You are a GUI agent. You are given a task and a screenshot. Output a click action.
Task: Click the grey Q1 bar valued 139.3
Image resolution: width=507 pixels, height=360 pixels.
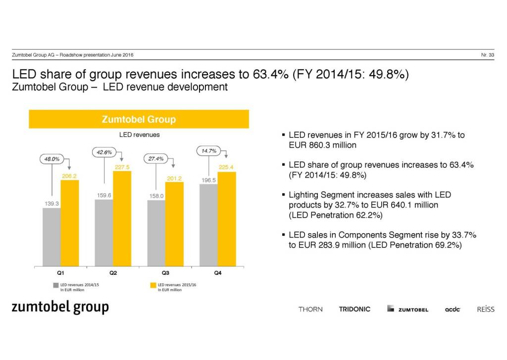51,237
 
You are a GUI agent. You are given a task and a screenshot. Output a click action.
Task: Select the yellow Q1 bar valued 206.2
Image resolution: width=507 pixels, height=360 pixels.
69,223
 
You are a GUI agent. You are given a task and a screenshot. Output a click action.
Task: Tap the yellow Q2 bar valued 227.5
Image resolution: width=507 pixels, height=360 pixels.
122,218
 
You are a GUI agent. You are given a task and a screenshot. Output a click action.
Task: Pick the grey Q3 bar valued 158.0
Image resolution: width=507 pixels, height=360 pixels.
156,233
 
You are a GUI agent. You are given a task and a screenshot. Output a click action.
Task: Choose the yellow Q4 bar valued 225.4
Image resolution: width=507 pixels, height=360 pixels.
227,218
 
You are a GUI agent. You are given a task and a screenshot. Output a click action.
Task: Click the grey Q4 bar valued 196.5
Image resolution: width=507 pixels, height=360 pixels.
208,225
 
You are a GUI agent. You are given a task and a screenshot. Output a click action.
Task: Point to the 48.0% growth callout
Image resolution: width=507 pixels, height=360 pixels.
52,159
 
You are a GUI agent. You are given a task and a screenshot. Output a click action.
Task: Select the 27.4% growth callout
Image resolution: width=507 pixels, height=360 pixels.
156,158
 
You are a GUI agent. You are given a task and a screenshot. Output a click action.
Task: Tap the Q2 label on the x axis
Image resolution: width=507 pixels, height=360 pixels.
113,273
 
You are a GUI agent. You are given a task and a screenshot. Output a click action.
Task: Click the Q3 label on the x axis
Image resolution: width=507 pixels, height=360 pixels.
165,273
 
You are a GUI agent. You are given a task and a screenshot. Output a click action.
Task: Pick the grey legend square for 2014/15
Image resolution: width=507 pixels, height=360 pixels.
56,285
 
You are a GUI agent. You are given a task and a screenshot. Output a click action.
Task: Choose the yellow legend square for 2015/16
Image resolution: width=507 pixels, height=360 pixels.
153,285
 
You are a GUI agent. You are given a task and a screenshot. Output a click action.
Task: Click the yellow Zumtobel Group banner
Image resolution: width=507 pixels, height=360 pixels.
139,119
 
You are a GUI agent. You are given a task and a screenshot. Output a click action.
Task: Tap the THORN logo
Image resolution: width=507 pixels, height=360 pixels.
310,309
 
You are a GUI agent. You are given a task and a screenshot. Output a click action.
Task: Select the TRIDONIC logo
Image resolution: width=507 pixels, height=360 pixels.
355,309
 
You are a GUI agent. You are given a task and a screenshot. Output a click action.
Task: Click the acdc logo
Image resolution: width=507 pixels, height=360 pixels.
453,309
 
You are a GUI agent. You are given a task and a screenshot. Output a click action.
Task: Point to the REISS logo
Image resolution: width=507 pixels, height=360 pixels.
485,309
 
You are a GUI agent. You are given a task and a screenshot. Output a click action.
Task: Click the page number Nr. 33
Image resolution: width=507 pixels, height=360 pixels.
487,54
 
